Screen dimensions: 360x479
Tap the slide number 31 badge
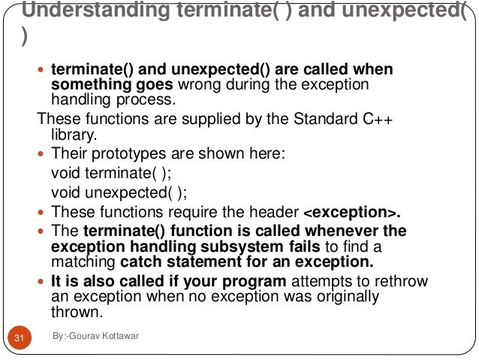20,338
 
